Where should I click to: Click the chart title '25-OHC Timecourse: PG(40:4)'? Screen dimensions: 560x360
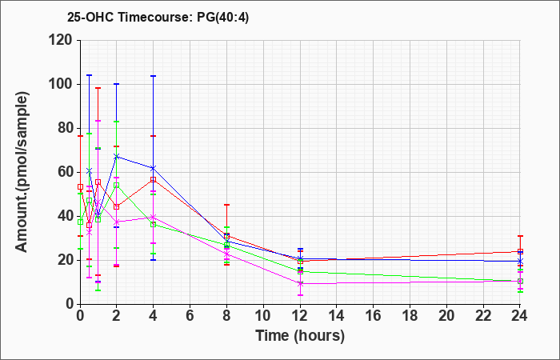[x=158, y=18]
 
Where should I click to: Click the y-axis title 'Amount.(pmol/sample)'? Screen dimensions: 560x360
[x=22, y=173]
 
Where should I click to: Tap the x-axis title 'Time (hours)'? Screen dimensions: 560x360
[x=300, y=336]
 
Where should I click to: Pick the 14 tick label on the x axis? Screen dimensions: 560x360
[x=337, y=316]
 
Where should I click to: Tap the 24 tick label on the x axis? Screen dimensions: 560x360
[x=519, y=316]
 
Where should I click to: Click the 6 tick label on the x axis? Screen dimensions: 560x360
[x=190, y=316]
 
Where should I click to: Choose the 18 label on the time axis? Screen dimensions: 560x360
[x=410, y=316]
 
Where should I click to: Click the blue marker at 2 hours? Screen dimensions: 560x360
[x=117, y=157]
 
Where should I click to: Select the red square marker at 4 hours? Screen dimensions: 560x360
[x=154, y=180]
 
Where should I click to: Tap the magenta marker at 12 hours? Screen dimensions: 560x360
[x=300, y=283]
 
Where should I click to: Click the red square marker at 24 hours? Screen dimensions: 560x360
[x=520, y=251]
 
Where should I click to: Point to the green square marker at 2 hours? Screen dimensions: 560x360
[x=117, y=186]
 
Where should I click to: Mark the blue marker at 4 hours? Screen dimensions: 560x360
[x=154, y=168]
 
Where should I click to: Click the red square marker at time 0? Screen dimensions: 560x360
[x=80, y=186]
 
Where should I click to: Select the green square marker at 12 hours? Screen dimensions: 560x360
[x=300, y=271]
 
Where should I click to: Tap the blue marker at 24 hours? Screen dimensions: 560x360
[x=520, y=261]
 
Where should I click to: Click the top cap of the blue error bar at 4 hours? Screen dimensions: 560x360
[x=154, y=76]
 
